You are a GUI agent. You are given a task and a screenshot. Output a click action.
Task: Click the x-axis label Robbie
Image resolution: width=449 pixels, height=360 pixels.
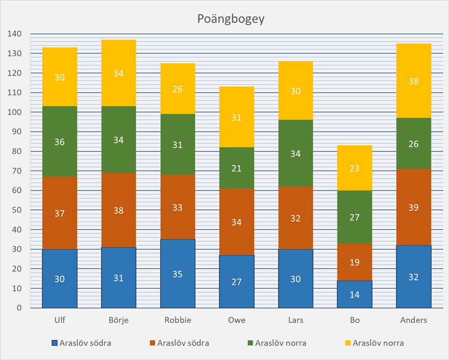(178, 320)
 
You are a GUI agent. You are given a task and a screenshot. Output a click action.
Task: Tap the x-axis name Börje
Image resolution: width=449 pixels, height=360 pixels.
(119, 320)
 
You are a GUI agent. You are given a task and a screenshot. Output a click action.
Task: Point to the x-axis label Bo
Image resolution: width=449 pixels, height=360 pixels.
(355, 320)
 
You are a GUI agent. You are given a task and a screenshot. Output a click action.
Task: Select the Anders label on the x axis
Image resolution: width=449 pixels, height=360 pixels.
(414, 320)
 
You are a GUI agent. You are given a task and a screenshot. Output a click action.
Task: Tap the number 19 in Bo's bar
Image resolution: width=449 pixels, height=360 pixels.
(355, 263)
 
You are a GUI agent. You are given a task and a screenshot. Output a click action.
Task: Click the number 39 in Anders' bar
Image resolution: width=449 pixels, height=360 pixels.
(414, 208)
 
